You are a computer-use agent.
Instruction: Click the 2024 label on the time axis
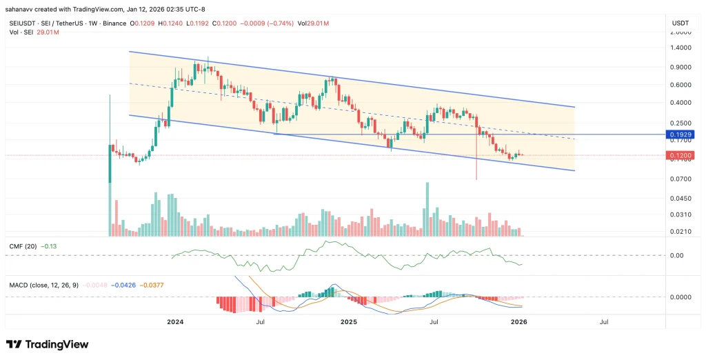coord(175,321)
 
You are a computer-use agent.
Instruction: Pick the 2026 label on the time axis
coord(518,321)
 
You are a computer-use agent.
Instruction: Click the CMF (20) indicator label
coord(22,246)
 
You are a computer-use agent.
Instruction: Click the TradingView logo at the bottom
coord(47,344)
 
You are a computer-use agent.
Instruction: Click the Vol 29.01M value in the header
coord(314,23)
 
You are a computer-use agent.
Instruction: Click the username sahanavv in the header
coord(25,10)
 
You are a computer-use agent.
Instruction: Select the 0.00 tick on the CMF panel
coord(676,255)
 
